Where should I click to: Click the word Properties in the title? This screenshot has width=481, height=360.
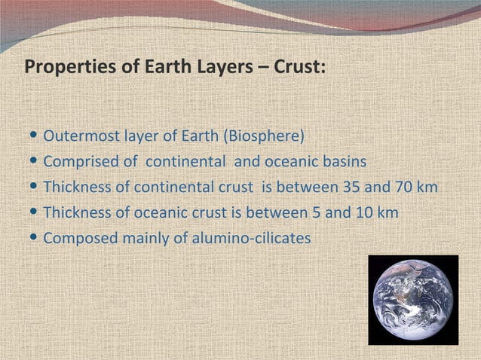pyautogui.click(x=60, y=68)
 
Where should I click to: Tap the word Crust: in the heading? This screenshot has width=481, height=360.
pyautogui.click(x=302, y=68)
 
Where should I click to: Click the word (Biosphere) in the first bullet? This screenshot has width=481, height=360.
pyautogui.click(x=268, y=137)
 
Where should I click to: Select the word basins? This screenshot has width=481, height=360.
pyautogui.click(x=344, y=162)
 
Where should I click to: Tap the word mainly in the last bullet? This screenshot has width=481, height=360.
pyautogui.click(x=142, y=238)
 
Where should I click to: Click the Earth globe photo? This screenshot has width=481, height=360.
pyautogui.click(x=412, y=299)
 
